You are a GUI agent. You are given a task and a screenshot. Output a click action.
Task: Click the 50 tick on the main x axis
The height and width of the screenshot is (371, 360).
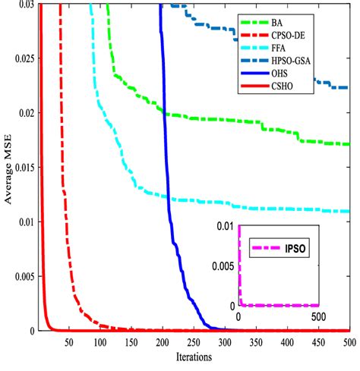[69, 341]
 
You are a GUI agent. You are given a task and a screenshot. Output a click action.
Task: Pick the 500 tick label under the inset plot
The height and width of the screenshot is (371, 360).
[319, 316]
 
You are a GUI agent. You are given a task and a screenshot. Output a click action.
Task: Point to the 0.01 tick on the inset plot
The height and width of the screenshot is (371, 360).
[226, 227]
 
